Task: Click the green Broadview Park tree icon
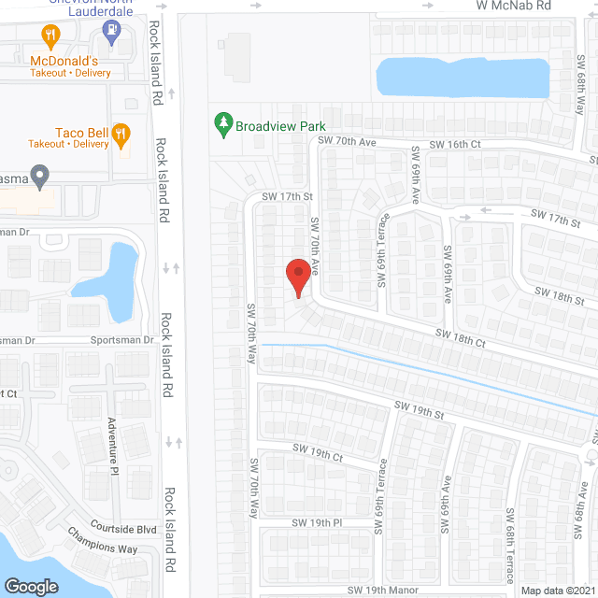(x=222, y=123)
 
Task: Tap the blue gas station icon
(x=111, y=32)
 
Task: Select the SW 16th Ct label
(x=455, y=144)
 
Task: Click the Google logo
(x=31, y=587)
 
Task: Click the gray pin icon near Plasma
(x=38, y=175)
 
